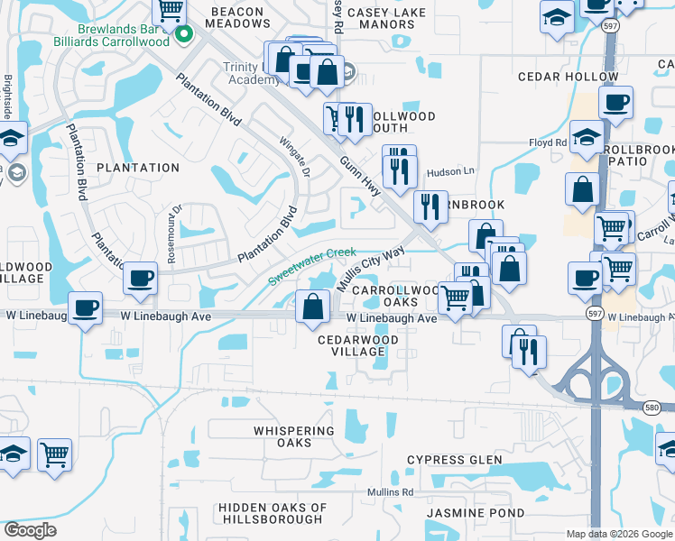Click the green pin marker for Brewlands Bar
click(x=185, y=35)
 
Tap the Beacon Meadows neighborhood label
click(x=236, y=18)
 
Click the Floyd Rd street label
click(x=548, y=142)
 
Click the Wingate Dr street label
click(x=295, y=159)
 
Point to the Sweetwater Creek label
click(x=311, y=267)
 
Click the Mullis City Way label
click(x=370, y=270)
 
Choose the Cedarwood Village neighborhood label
click(x=358, y=345)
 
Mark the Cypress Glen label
click(x=454, y=460)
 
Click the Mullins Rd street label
click(x=390, y=492)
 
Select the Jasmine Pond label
click(x=475, y=513)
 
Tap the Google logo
click(x=31, y=529)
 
